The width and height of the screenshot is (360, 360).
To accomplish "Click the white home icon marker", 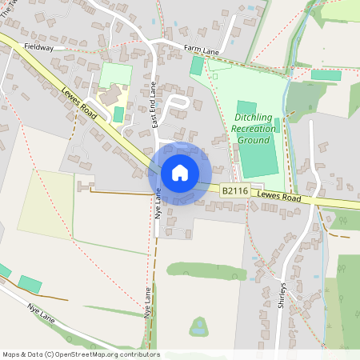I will (x=180, y=173).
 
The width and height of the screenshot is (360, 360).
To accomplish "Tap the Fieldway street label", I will (x=38, y=47).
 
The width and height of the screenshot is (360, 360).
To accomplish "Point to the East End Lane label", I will (x=153, y=107).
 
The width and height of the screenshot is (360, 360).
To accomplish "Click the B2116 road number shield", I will (x=233, y=191).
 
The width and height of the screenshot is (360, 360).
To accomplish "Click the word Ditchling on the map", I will (x=253, y=118).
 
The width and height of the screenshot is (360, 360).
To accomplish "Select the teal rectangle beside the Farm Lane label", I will (x=196, y=66).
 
